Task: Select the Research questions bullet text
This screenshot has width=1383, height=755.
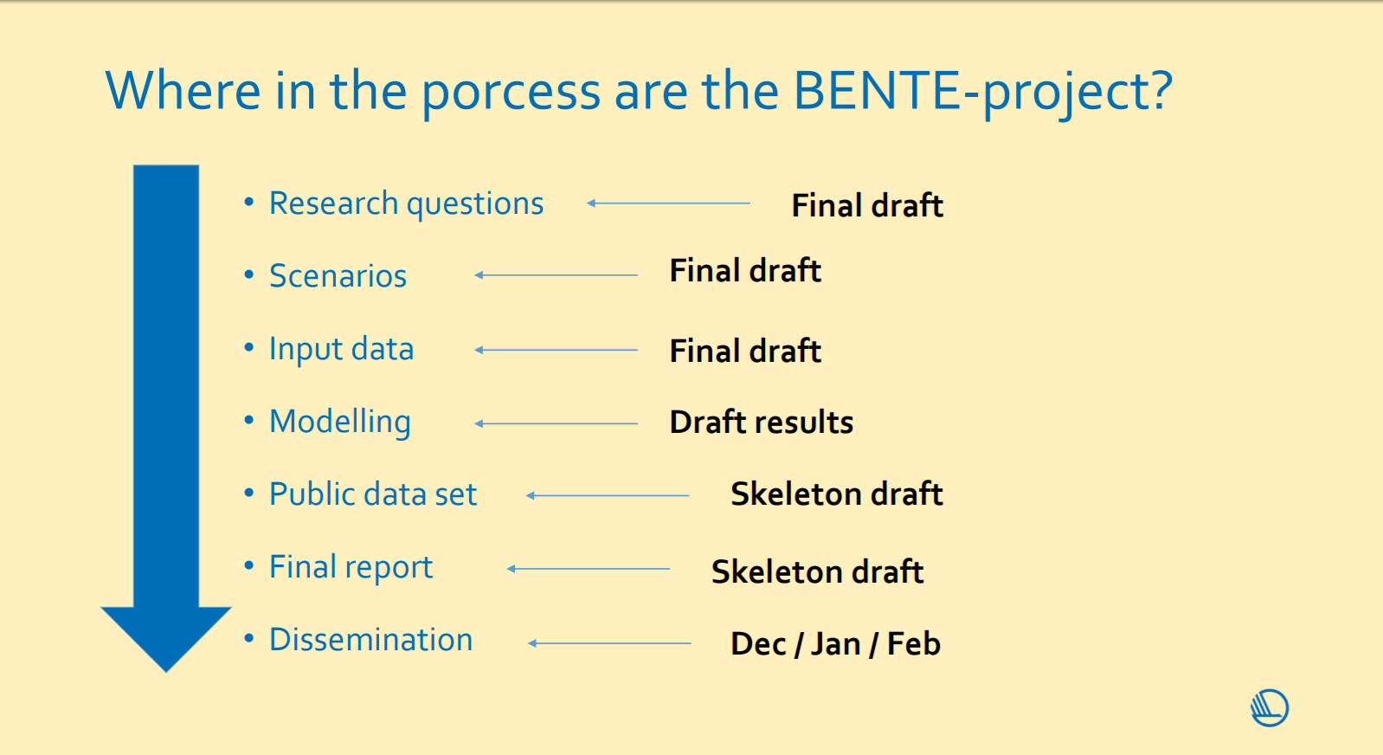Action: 406,203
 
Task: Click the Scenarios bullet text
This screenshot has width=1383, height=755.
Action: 338,275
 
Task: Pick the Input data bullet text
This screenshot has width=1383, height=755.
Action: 342,350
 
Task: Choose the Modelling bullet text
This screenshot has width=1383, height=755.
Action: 340,423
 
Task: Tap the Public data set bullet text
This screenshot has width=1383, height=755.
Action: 373,494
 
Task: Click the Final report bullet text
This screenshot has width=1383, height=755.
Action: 351,568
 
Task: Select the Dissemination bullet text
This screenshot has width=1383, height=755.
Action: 370,640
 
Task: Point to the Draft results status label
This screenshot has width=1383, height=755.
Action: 762,423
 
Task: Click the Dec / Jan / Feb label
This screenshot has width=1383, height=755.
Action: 835,644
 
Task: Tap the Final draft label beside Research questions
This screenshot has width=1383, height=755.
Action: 867,205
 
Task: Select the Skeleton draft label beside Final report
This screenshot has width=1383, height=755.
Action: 818,571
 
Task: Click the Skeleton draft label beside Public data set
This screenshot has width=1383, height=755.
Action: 837,494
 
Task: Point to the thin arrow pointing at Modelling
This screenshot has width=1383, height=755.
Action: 556,423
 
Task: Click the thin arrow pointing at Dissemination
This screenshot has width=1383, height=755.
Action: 609,643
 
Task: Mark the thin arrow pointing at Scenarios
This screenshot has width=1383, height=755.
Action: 556,275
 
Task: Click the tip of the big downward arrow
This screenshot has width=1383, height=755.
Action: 166,672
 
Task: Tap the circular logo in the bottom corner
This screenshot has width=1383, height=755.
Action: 1270,708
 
